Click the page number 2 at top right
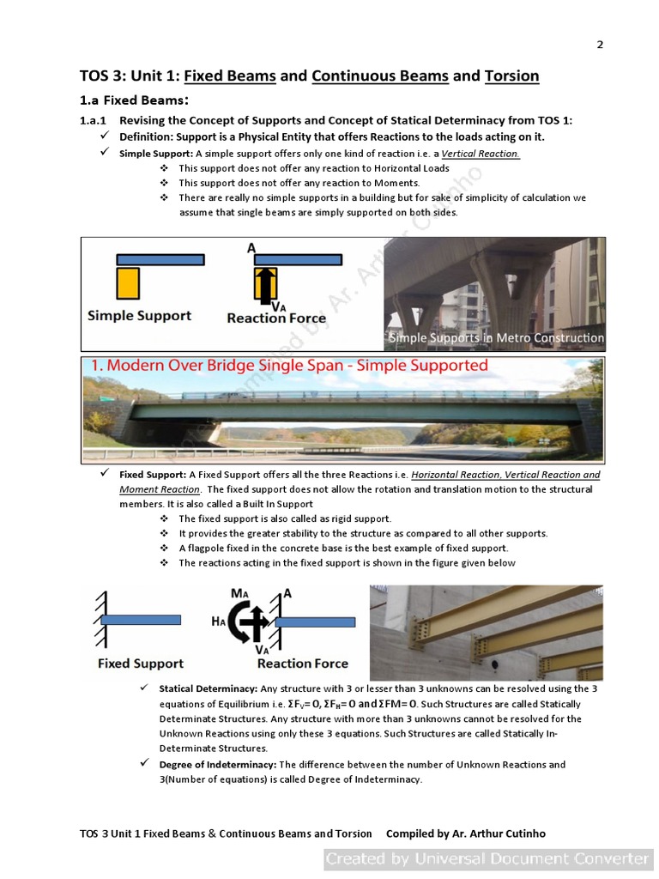click(x=600, y=45)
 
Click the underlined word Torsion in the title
click(x=511, y=76)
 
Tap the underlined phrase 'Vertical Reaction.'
click(x=481, y=154)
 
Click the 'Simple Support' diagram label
click(x=139, y=316)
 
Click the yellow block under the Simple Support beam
click(x=128, y=282)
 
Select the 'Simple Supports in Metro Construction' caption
click(x=496, y=337)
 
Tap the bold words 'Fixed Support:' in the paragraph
click(x=152, y=475)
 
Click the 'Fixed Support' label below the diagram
click(x=140, y=664)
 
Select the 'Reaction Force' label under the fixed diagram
click(x=302, y=664)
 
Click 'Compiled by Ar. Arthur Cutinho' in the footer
click(x=465, y=834)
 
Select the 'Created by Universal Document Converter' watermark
click(x=487, y=858)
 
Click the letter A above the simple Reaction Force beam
click(x=251, y=247)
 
